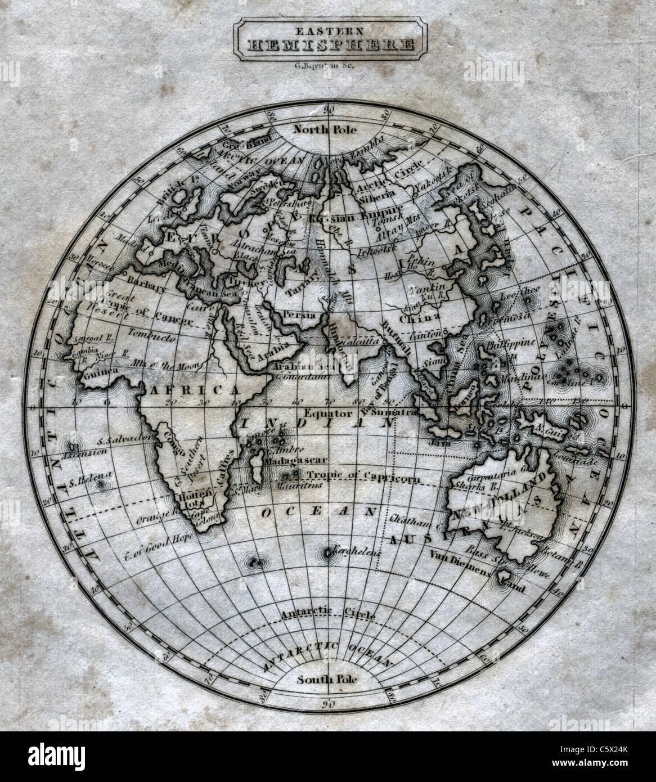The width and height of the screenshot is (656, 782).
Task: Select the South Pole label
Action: [x=328, y=678]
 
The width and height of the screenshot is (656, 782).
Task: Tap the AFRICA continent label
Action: [x=192, y=390]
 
